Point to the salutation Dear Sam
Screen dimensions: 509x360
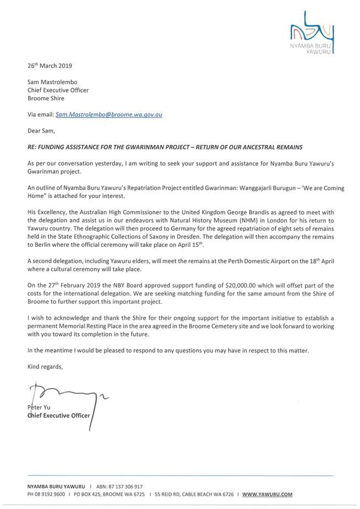point(41,131)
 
